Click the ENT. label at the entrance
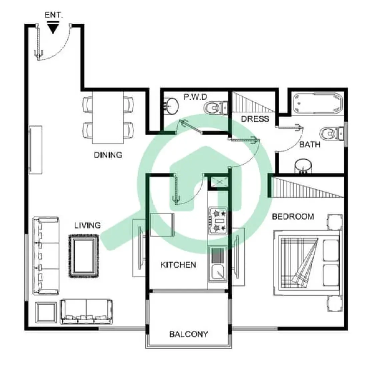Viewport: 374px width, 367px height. [x=54, y=15]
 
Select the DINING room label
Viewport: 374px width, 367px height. [x=108, y=155]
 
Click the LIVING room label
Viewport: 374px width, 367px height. [x=87, y=226]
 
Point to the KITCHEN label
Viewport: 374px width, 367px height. [x=178, y=265]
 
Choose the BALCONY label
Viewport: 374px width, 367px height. [x=189, y=334]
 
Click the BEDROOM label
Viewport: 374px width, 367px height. [x=293, y=217]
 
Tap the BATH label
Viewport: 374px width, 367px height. [x=309, y=145]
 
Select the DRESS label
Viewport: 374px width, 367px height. [x=255, y=119]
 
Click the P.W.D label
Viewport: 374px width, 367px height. [x=195, y=97]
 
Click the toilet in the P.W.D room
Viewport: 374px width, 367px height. [x=212, y=108]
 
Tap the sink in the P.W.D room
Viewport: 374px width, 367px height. [x=171, y=105]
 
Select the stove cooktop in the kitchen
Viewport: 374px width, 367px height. [x=218, y=221]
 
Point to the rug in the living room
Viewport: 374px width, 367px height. [x=84, y=256]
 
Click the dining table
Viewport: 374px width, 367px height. [x=108, y=117]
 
